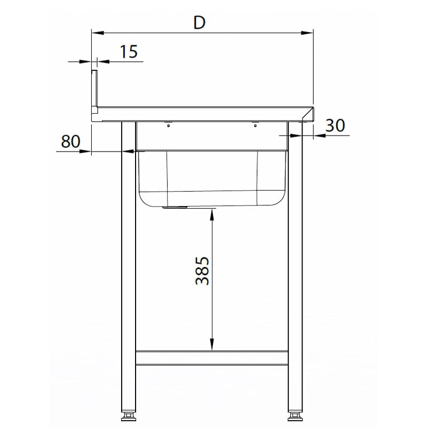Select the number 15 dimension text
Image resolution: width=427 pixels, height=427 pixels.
pos(129,52)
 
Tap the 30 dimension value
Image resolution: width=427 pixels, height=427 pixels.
pos(335,125)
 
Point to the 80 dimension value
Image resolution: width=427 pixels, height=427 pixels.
pos(70,141)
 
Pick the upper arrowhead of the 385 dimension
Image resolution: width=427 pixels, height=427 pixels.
pos(212,214)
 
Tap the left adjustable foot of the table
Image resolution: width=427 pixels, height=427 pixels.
pos(128,415)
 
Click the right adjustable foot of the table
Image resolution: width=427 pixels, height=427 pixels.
pos(296,415)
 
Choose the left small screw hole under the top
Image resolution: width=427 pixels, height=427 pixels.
pos(168,126)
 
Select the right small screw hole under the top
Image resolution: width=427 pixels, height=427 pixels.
pos(255,126)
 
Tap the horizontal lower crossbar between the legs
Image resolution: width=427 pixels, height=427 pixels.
pos(212,358)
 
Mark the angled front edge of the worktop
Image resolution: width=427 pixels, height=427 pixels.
pos(309,114)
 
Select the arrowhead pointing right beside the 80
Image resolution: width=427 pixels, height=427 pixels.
pos(86,152)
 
